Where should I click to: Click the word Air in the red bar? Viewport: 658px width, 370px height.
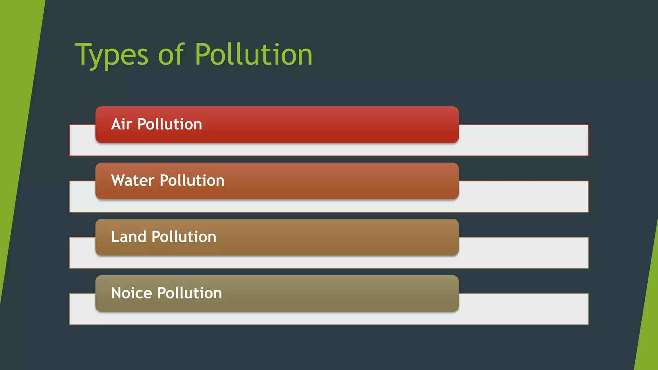(121, 124)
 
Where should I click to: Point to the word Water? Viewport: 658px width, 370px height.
(133, 181)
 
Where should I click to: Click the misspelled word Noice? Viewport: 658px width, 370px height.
(131, 293)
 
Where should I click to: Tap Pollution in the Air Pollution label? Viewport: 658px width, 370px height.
(170, 124)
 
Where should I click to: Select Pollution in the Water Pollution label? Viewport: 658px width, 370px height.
(192, 181)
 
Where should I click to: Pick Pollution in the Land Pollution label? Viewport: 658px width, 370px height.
(184, 237)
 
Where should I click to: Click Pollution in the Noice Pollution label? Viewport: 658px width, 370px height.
(190, 293)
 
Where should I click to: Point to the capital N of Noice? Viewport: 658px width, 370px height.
(116, 293)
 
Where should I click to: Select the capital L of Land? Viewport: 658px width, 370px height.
(115, 237)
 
